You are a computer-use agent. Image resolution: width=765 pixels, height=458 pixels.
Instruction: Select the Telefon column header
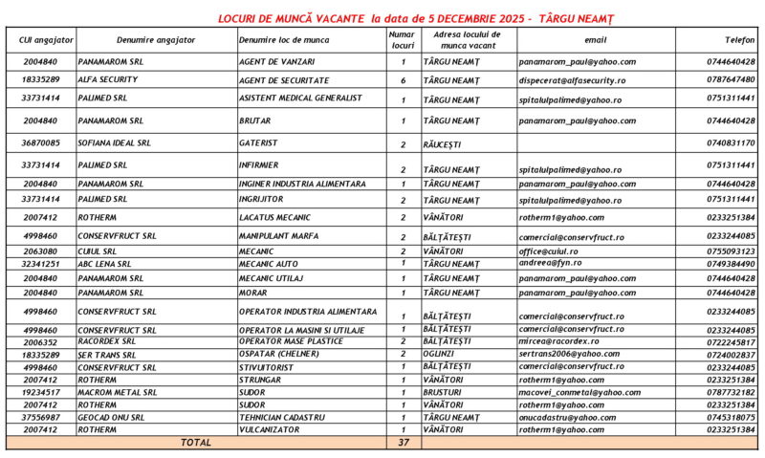click(x=739, y=40)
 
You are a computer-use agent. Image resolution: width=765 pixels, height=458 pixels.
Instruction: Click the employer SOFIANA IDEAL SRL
click(x=115, y=143)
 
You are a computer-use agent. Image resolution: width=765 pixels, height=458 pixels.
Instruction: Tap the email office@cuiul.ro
click(x=548, y=251)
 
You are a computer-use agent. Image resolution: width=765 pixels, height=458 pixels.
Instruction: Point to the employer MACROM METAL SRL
click(x=118, y=392)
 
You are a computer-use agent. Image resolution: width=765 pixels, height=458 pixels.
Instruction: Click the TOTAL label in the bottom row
click(x=195, y=443)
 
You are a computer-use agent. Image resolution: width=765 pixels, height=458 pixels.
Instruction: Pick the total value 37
click(x=403, y=443)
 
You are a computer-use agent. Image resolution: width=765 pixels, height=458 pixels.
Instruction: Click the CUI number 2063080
click(x=40, y=251)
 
